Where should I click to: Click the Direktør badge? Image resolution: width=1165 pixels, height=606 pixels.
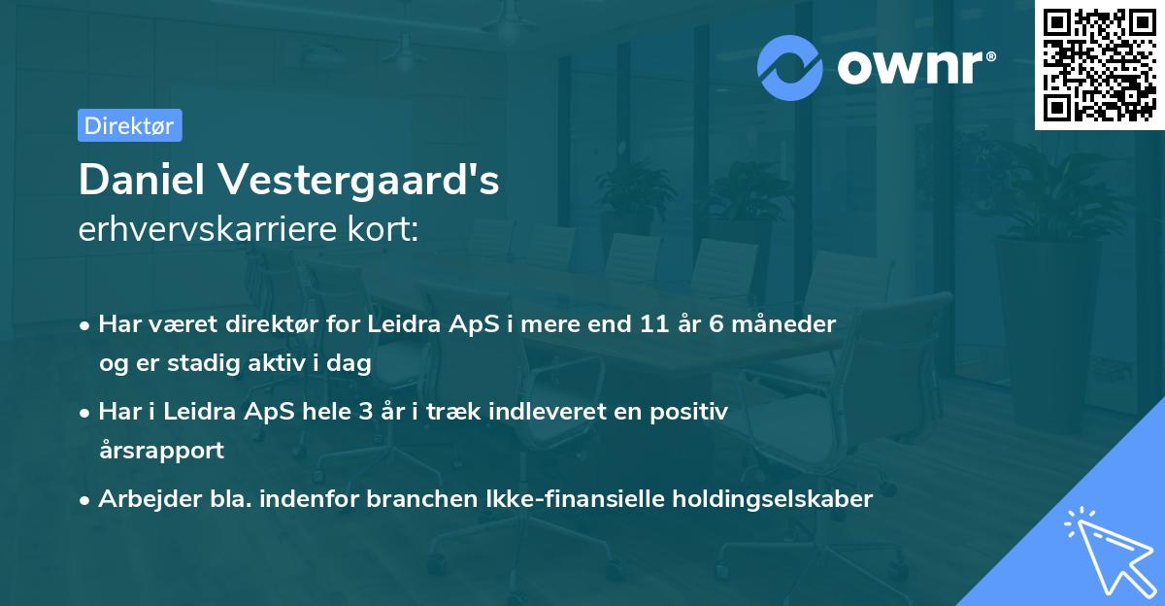click(x=129, y=125)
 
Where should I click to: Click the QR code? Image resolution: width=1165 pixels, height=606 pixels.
click(x=1099, y=64)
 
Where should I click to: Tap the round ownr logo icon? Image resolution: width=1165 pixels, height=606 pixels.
click(x=790, y=67)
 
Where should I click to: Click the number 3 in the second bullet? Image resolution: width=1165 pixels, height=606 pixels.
click(x=364, y=412)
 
